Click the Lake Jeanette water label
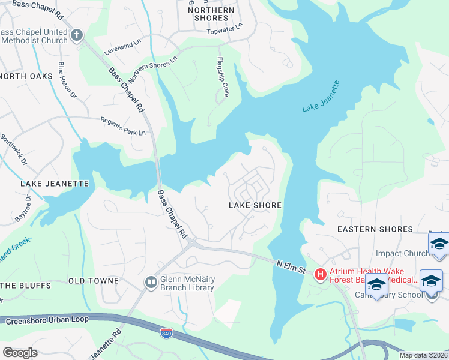pos(321,96)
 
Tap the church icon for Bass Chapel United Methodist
pos(76,35)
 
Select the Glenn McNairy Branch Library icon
pos(151,281)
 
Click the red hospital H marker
pos(321,275)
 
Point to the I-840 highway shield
pos(167,332)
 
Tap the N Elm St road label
pos(292,264)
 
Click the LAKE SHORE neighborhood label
pos(255,205)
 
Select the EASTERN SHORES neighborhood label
pos(375,229)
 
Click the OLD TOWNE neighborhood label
pos(94,281)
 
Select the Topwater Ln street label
pos(224,29)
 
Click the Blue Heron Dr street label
pos(67,80)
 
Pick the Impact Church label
pos(401,253)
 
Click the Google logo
pos(20,352)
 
